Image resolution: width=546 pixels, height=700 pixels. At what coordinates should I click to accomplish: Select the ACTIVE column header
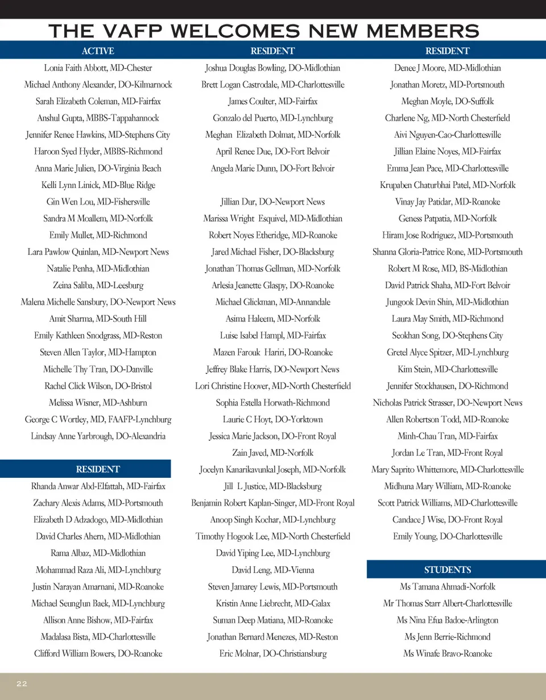pyautogui.click(x=98, y=51)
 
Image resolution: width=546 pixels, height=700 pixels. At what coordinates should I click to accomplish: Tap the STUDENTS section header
pyautogui.click(x=447, y=570)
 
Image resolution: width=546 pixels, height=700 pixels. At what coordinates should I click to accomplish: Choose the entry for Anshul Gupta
pyautogui.click(x=98, y=118)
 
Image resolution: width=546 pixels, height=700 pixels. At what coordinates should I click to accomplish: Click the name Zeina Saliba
pyautogui.click(x=98, y=285)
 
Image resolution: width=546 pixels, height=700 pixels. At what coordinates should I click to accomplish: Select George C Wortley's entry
pyautogui.click(x=98, y=419)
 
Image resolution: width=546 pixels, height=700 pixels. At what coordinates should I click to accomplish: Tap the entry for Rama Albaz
pyautogui.click(x=98, y=553)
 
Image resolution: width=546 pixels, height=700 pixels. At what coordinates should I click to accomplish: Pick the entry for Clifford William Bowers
pyautogui.click(x=98, y=653)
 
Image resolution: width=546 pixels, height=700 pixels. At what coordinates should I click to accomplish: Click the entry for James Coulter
pyautogui.click(x=272, y=102)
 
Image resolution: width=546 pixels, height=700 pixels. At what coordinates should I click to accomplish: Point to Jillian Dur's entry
pyautogui.click(x=272, y=202)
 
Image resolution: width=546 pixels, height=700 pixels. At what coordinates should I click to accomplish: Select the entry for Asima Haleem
pyautogui.click(x=272, y=319)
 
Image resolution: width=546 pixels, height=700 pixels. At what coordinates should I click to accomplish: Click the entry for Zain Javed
pyautogui.click(x=272, y=453)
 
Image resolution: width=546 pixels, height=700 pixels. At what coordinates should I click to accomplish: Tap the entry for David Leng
pyautogui.click(x=272, y=570)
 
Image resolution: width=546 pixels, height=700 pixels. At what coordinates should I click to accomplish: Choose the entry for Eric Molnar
pyautogui.click(x=272, y=653)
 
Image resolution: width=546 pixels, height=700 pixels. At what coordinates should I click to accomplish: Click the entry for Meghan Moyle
pyautogui.click(x=447, y=102)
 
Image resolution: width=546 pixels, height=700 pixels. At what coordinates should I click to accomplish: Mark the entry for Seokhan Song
pyautogui.click(x=447, y=336)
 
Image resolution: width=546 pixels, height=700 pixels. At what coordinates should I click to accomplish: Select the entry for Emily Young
pyautogui.click(x=447, y=536)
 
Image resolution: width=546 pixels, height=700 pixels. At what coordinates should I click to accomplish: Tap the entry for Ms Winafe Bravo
pyautogui.click(x=447, y=653)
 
